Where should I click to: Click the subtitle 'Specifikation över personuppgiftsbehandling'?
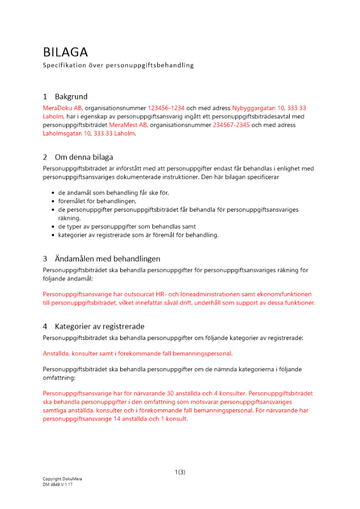(x=118, y=65)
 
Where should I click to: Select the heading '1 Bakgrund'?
(x=65, y=97)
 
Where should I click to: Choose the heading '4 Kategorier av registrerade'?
(x=94, y=326)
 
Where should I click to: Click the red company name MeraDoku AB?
(x=62, y=108)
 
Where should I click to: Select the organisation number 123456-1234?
(x=166, y=108)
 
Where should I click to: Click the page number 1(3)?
(x=180, y=472)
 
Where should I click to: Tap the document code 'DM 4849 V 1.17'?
(x=58, y=485)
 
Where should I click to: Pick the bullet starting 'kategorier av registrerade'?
(x=138, y=235)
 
